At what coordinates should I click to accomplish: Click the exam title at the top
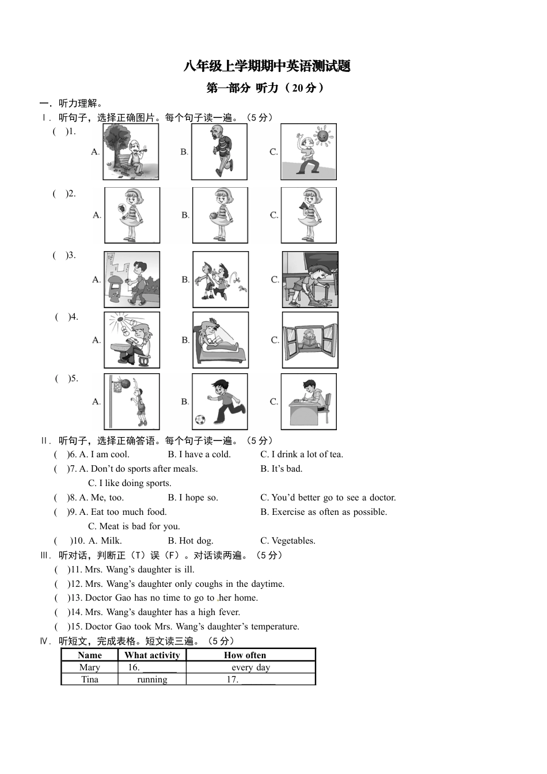(267, 66)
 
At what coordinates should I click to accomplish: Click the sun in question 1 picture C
(322, 136)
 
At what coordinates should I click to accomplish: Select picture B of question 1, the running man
(219, 151)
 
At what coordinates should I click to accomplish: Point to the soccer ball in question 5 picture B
(200, 420)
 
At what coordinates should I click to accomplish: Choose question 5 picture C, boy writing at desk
(309, 401)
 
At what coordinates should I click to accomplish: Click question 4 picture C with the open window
(310, 340)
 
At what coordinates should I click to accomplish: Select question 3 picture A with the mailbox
(132, 279)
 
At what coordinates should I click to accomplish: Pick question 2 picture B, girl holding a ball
(220, 215)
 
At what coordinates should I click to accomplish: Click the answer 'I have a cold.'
(199, 454)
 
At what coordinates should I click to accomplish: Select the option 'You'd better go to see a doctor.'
(328, 498)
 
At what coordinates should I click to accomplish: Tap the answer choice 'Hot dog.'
(191, 541)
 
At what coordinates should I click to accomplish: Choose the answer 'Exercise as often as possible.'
(324, 512)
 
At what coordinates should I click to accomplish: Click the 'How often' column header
(245, 655)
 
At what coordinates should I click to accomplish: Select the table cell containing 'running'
(152, 680)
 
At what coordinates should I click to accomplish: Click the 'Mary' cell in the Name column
(89, 667)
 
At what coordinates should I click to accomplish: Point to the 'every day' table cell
(250, 667)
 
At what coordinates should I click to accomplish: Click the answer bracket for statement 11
(60, 570)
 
